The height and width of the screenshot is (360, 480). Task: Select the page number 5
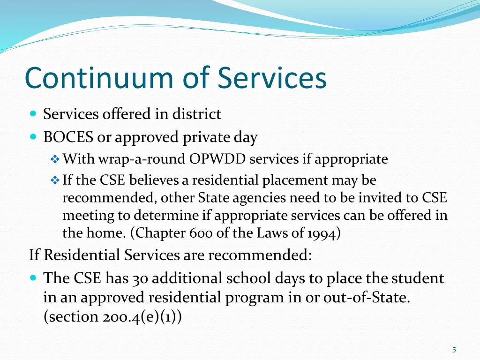(454, 350)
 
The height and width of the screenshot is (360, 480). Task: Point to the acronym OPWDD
(218, 159)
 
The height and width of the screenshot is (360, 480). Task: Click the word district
(196, 114)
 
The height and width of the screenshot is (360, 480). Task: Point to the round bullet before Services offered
(33, 114)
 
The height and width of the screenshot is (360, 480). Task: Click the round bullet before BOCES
(33, 137)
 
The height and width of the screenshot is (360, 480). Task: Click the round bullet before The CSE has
(33, 278)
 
